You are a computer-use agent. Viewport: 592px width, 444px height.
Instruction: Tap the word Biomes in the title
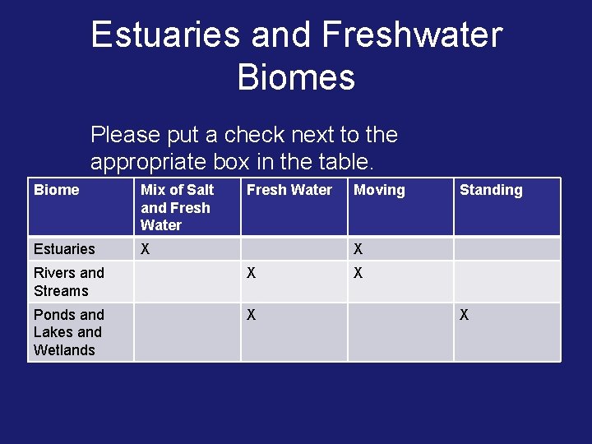(x=296, y=77)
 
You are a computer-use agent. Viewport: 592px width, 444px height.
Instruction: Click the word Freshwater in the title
(x=412, y=35)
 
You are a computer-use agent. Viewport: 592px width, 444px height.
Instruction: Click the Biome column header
(x=57, y=190)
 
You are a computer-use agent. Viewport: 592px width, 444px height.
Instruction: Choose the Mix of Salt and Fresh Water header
(x=177, y=207)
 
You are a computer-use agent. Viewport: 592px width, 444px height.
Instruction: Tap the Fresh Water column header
(x=289, y=190)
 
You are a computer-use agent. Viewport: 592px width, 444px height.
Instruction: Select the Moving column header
(x=379, y=190)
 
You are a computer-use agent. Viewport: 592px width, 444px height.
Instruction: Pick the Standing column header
(x=491, y=190)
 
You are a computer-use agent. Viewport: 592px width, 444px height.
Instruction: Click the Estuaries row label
(x=64, y=249)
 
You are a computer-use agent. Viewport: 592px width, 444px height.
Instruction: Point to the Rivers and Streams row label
(x=69, y=281)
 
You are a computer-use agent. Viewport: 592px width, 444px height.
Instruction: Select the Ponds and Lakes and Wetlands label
(x=69, y=332)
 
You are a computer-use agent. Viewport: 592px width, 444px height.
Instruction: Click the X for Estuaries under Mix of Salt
(x=146, y=249)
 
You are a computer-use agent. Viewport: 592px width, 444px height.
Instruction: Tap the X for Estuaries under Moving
(x=358, y=249)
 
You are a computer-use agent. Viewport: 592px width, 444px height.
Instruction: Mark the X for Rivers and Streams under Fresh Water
(x=252, y=273)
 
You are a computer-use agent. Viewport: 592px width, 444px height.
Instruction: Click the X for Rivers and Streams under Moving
(x=358, y=273)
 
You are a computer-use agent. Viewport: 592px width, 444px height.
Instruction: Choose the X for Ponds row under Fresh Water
(x=252, y=315)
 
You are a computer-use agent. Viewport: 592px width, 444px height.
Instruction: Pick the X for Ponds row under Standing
(x=465, y=315)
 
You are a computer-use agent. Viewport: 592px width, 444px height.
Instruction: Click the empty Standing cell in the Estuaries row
(x=506, y=249)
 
